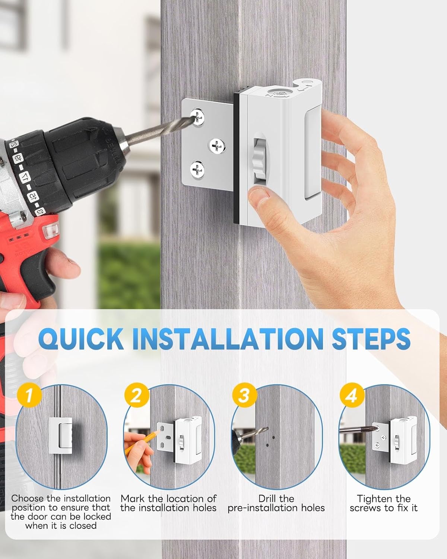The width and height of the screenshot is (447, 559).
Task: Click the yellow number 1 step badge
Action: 28,395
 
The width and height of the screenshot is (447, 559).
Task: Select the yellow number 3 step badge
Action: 244,395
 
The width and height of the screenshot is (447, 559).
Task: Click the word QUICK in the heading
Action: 81,339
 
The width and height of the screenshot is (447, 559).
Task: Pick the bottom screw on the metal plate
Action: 197,170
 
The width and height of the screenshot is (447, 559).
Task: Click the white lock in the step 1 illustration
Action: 61,435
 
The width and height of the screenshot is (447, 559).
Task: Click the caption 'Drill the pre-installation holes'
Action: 276,503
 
